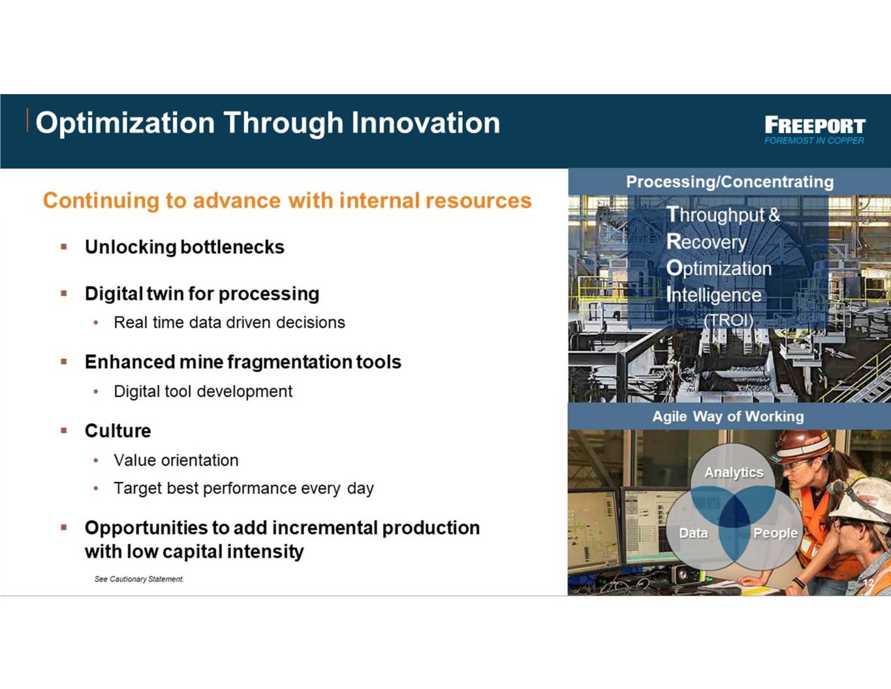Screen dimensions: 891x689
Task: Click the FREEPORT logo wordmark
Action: coord(815,125)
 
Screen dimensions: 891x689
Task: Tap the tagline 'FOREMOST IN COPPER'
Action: coord(814,140)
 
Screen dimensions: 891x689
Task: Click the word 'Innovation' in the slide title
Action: coord(426,123)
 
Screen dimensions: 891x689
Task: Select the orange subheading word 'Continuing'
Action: coord(101,201)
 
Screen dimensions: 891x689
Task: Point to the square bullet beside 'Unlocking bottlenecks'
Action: coord(63,246)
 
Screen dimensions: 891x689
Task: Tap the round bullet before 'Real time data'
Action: coord(96,323)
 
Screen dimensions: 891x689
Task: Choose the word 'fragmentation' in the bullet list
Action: coord(289,362)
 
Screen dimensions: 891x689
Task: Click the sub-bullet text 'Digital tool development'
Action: coord(203,391)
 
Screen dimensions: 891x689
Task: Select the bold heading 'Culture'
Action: coord(117,430)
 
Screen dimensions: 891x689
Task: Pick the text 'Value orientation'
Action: coord(176,460)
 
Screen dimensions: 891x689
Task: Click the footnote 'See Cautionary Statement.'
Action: coord(139,579)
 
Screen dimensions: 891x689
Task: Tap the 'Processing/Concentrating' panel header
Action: coord(730,182)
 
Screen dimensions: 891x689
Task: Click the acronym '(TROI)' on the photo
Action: coord(728,320)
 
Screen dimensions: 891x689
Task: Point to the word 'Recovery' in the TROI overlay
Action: coord(706,242)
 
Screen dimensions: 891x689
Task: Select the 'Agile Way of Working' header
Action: coord(728,416)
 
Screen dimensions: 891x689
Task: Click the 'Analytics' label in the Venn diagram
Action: coord(734,472)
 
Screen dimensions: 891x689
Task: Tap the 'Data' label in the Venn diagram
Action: coord(693,533)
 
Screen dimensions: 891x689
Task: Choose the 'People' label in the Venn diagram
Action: coord(775,533)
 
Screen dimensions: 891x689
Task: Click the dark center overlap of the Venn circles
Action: coord(734,511)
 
